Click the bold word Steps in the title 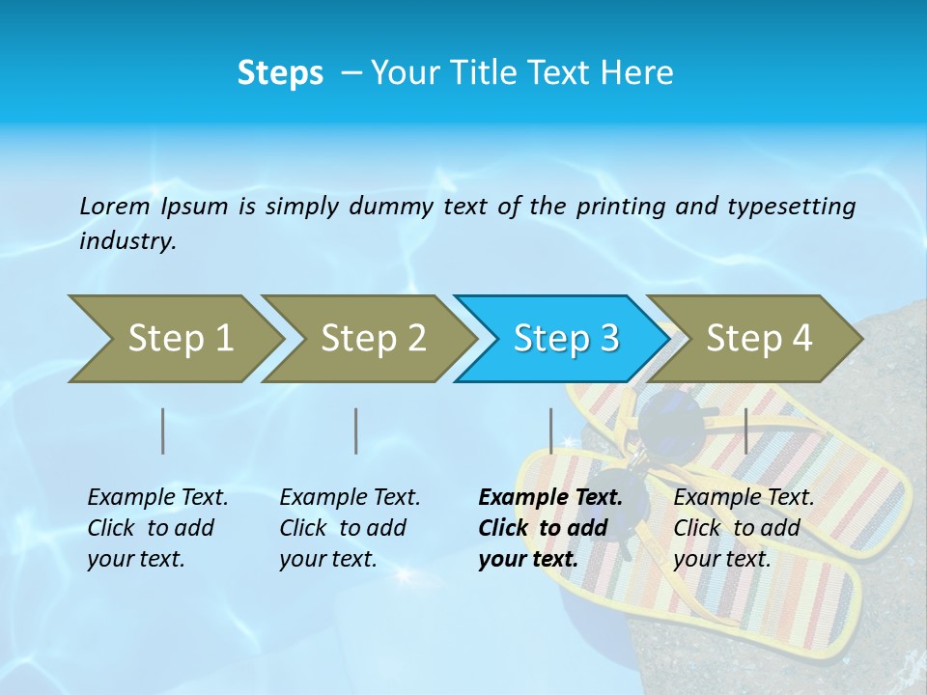(280, 73)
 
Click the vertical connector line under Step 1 (163, 431)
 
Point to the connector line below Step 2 (356, 431)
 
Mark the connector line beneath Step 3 (550, 431)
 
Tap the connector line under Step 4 (746, 431)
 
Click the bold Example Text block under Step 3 (550, 528)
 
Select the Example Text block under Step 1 (157, 528)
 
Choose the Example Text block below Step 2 (350, 528)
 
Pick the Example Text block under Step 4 (744, 528)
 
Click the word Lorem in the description (114, 206)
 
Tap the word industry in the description (127, 241)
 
